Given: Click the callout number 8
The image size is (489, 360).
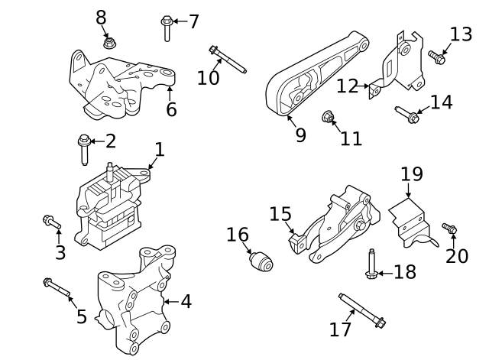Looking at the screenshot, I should (x=102, y=16).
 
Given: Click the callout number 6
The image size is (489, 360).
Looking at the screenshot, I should (x=171, y=110).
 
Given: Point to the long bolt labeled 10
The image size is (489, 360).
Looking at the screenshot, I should (x=227, y=60).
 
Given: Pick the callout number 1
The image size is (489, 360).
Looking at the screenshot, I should (x=159, y=148).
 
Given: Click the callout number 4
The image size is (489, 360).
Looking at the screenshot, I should (x=186, y=301).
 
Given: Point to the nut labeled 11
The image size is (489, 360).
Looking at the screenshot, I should (x=328, y=118).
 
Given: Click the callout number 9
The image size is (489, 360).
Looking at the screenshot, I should (x=300, y=135).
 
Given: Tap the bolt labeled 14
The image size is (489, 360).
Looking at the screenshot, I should (x=406, y=115).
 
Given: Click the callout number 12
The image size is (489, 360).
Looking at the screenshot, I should (x=347, y=86).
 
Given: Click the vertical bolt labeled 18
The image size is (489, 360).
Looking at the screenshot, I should (x=371, y=264).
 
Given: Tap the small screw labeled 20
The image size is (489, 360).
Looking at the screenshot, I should (x=449, y=229).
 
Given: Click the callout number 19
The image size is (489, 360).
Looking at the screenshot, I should (x=411, y=174).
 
